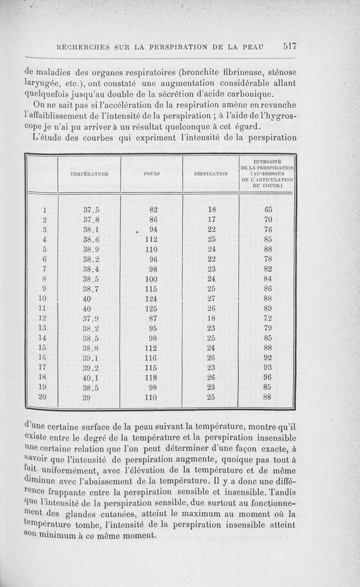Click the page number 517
point(286,45)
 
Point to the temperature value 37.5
point(91,210)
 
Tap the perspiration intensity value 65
point(268,210)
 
